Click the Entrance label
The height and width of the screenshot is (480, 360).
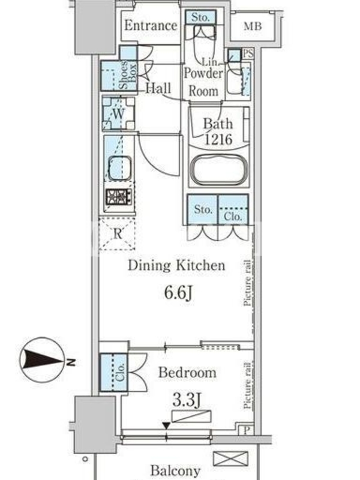tap(151, 25)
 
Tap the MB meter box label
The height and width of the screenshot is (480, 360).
tap(253, 26)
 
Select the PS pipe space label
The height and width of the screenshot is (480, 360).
tap(248, 54)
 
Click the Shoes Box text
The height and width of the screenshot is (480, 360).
tap(128, 74)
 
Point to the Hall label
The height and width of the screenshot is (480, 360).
tap(158, 88)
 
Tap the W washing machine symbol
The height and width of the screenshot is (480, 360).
tap(118, 113)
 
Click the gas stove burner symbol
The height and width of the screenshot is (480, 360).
tap(119, 197)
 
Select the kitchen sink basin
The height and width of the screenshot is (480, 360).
tap(119, 169)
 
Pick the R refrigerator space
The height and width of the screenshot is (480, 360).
tap(117, 234)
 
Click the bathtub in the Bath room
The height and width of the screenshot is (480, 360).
tap(218, 170)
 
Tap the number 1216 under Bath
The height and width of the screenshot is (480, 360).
tap(218, 140)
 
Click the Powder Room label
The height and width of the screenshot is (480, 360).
tap(203, 82)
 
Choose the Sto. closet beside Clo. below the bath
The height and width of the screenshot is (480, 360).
tap(202, 209)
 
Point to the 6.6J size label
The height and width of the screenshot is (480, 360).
tap(178, 293)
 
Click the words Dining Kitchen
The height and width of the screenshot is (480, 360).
tap(176, 265)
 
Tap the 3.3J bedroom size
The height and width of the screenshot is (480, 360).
tap(187, 400)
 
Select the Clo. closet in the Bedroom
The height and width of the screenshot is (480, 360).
tap(113, 372)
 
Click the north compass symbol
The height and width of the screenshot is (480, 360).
tap(42, 361)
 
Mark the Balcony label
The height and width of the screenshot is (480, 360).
tap(175, 470)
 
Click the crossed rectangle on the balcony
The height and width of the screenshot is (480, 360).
tap(230, 458)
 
